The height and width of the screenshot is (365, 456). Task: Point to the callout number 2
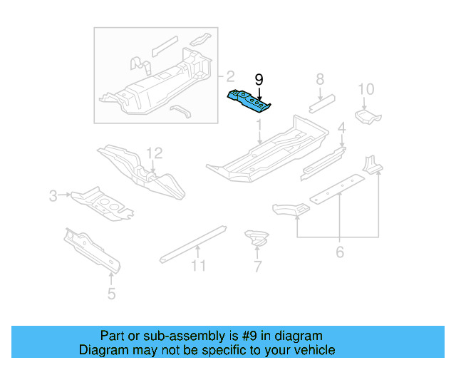coord(229,76)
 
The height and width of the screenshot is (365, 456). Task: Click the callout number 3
coord(53,195)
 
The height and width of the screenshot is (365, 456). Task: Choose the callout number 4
coord(342,128)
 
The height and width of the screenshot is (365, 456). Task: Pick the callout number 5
coord(111,293)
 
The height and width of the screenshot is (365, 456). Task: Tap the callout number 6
coord(340,252)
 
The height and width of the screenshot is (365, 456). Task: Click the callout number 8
coord(320,79)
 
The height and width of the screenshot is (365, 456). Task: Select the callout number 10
coord(366,89)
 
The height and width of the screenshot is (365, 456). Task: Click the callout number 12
coord(155,153)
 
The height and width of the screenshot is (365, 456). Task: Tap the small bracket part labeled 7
coord(256,237)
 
